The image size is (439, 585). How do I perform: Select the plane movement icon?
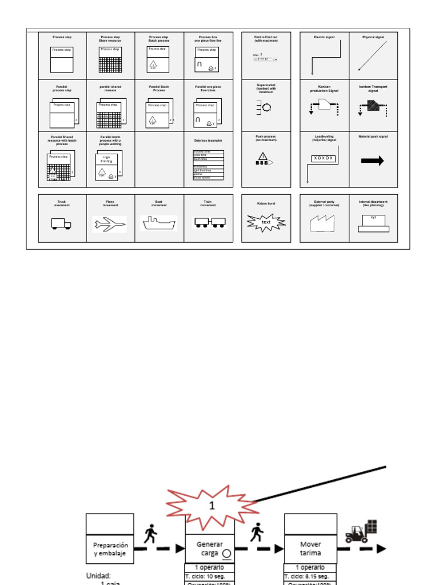coord(109,224)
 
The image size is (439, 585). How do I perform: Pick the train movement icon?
coord(208,222)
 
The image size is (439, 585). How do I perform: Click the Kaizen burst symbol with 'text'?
coord(266,222)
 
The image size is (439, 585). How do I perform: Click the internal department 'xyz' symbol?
coord(373,223)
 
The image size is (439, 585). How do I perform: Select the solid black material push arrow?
coord(373,162)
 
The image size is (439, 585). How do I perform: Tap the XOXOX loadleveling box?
coord(324,158)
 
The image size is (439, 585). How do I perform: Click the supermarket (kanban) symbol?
coord(264,107)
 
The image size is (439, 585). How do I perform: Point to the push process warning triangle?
coord(262,157)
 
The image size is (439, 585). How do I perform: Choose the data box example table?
coord(208,165)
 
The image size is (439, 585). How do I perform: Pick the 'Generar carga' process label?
coord(210,548)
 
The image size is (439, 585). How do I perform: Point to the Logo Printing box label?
coord(106,159)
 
